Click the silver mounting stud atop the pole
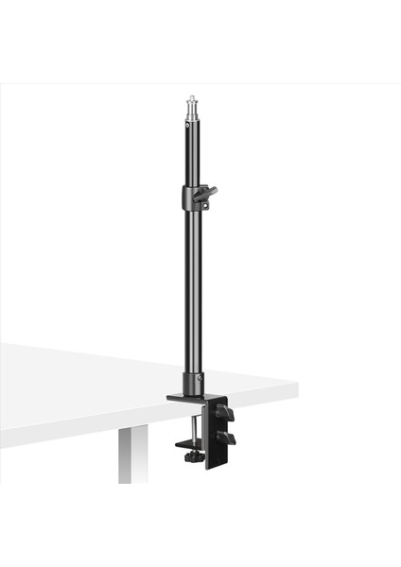(192, 107)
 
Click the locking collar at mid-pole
(191, 198)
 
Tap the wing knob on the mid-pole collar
(207, 193)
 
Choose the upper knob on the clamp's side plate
(225, 413)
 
